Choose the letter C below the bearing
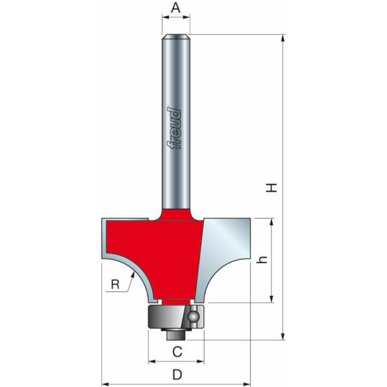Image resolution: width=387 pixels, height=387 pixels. point(176,352)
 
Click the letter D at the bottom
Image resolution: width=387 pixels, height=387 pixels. point(176,375)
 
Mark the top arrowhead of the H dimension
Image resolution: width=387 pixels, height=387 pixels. point(283,37)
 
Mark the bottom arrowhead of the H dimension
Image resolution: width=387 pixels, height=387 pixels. point(283,337)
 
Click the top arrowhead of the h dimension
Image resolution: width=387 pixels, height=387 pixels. point(272,221)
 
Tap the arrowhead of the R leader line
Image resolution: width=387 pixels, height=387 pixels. point(136,274)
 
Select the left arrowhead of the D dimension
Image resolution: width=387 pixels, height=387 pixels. point(103,381)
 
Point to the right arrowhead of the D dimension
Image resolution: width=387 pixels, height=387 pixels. point(248,381)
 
